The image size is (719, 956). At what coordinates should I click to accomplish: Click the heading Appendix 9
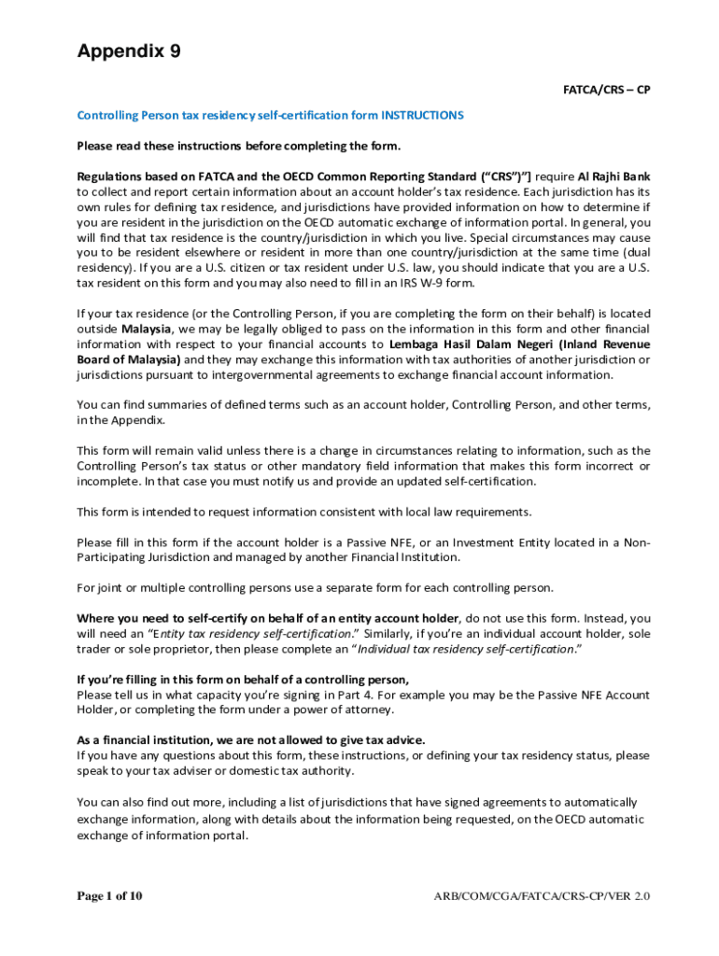pyautogui.click(x=128, y=51)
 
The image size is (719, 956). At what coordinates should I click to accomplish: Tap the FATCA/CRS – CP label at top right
pyautogui.click(x=605, y=90)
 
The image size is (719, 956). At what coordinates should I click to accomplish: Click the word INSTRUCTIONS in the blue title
pyautogui.click(x=422, y=116)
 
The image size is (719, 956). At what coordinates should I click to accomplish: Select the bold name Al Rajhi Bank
pyautogui.click(x=613, y=176)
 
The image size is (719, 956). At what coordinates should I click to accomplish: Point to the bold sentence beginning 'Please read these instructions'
pyautogui.click(x=238, y=146)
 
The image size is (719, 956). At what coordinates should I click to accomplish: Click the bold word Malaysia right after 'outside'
pyautogui.click(x=147, y=329)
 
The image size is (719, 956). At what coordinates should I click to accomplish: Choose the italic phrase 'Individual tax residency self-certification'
pyautogui.click(x=465, y=649)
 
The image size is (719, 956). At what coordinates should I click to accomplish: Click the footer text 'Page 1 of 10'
pyautogui.click(x=109, y=896)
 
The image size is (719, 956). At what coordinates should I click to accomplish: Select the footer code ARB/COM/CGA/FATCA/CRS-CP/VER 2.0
pyautogui.click(x=542, y=897)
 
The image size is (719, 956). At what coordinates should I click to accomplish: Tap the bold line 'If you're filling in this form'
pyautogui.click(x=243, y=680)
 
